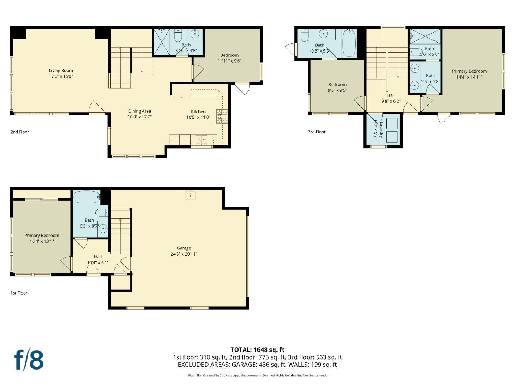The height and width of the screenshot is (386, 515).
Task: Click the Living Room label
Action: [x=61, y=71]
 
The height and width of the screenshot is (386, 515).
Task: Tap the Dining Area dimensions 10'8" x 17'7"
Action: [x=139, y=117]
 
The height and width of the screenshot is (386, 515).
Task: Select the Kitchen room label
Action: [x=198, y=112]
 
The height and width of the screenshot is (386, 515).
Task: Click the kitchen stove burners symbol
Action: [x=222, y=117]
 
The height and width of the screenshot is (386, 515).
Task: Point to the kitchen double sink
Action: [x=201, y=139]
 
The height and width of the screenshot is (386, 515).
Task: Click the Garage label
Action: [x=184, y=248]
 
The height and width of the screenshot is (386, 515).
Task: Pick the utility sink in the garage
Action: [x=191, y=196]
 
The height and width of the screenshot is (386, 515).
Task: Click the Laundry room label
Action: [x=381, y=129]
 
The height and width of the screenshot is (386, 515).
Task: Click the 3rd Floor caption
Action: [x=317, y=132]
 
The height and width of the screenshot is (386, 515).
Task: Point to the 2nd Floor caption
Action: [x=20, y=132]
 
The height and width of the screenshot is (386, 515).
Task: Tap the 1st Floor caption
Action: [x=19, y=293]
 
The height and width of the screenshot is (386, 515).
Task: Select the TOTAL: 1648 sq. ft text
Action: [x=257, y=350]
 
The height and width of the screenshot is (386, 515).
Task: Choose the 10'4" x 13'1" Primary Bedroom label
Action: [x=42, y=235]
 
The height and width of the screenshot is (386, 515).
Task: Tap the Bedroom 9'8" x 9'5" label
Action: [x=337, y=85]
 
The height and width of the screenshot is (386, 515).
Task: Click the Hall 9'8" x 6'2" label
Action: [x=391, y=95]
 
